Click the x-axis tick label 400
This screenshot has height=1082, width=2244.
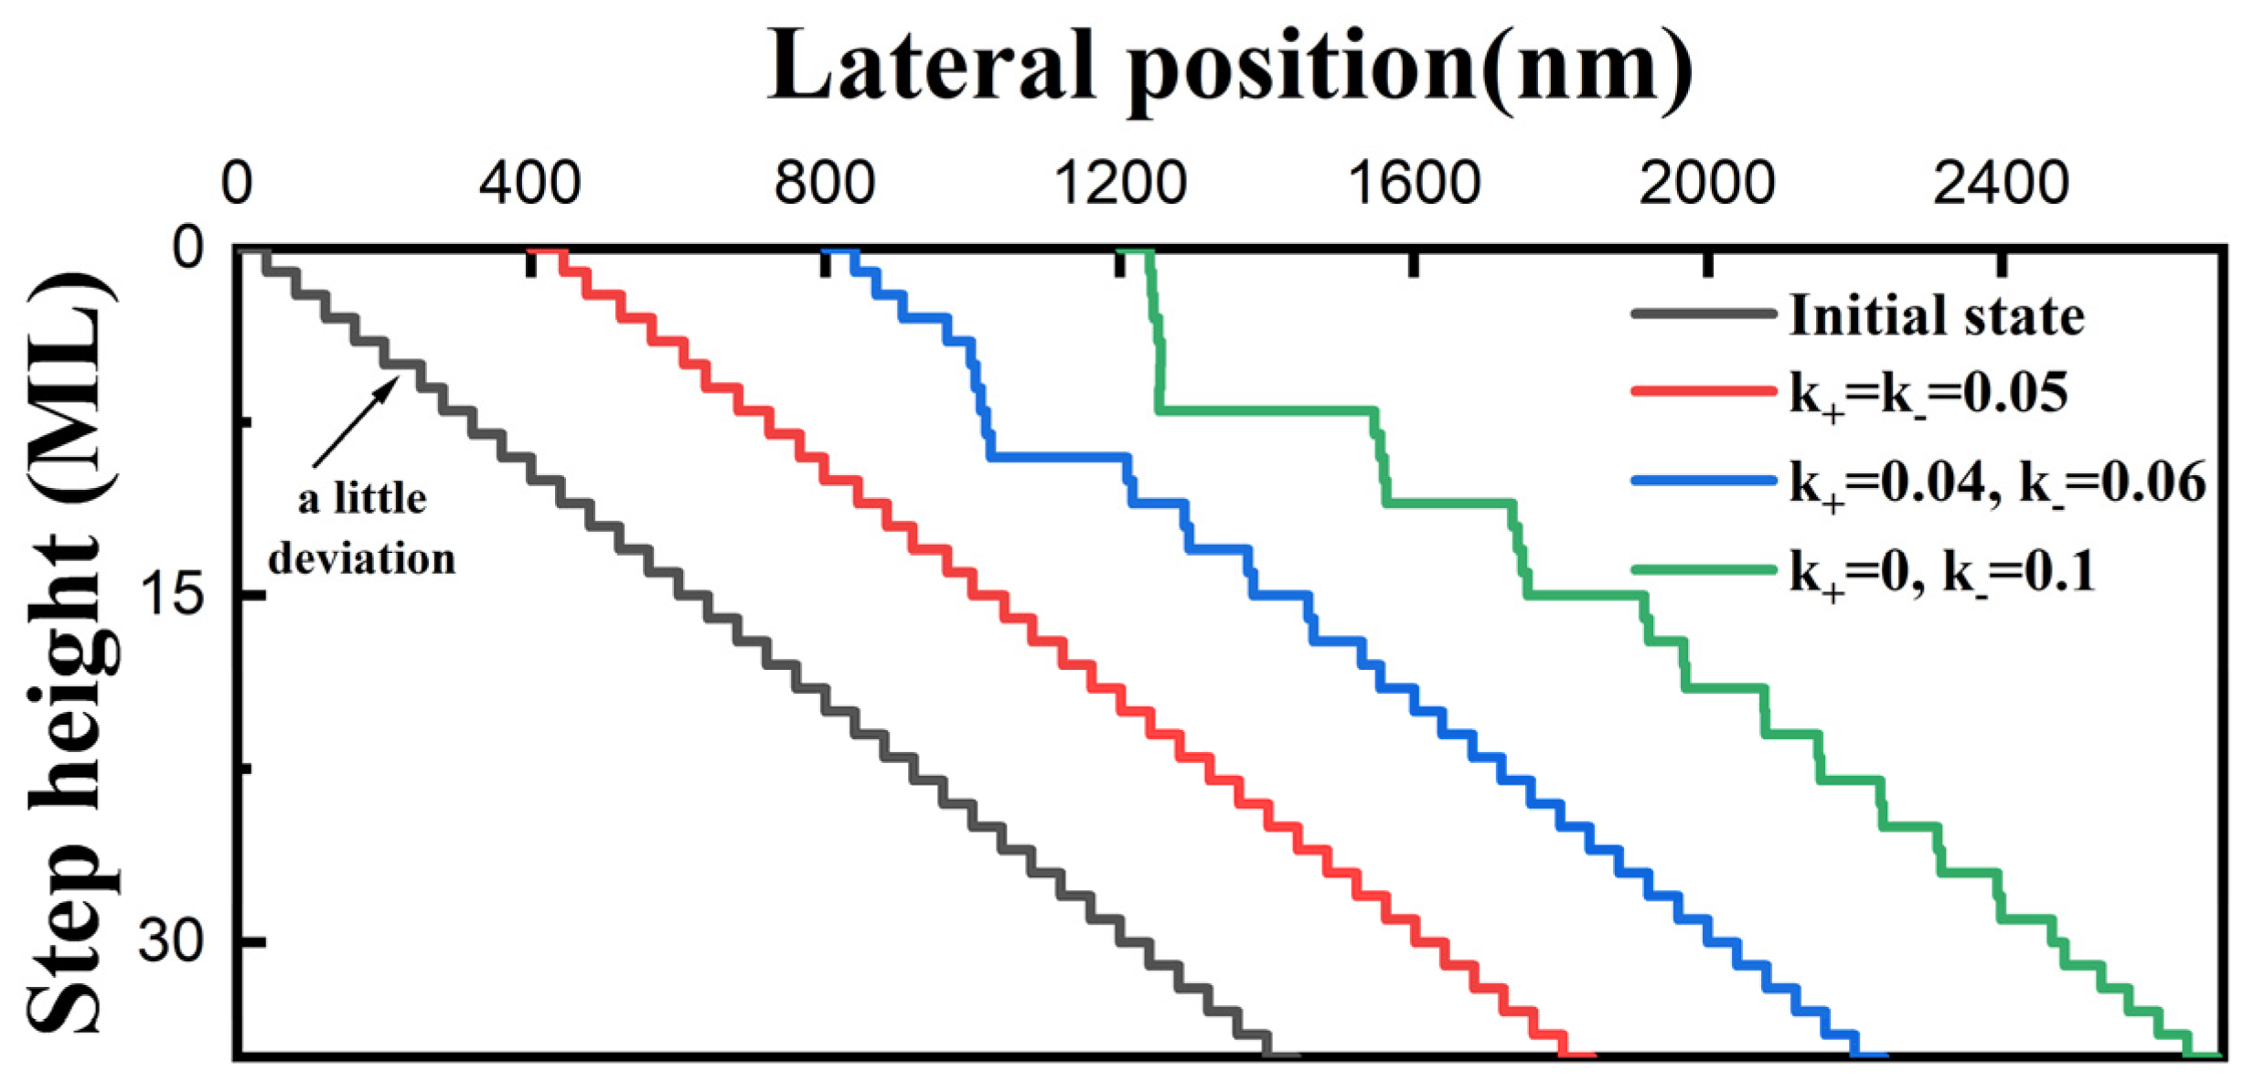(x=529, y=184)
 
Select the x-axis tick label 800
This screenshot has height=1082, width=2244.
(x=824, y=184)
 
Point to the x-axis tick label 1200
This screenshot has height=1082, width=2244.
(x=1119, y=184)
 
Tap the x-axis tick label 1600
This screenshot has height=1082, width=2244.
(x=1414, y=184)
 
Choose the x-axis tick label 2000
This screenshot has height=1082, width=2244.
(x=1706, y=184)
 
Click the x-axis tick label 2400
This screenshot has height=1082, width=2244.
(x=2001, y=184)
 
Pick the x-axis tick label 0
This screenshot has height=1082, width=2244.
(x=236, y=184)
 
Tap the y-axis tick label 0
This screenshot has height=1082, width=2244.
(x=188, y=248)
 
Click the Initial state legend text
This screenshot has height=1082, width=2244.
(x=1936, y=316)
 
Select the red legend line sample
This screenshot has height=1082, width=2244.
(x=1703, y=391)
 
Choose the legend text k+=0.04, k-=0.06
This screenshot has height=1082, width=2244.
(x=1997, y=483)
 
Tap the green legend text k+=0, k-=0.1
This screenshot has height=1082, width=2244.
(x=1940, y=572)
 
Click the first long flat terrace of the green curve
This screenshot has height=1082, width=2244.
(x=1266, y=410)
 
